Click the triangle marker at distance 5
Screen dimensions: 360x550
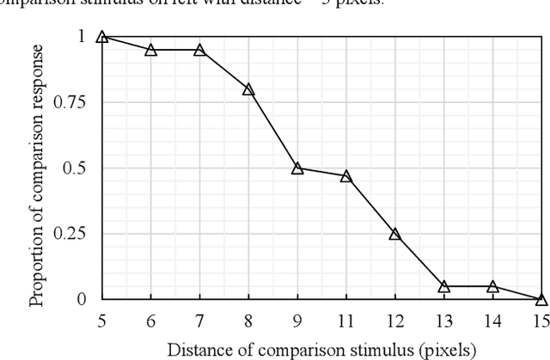coord(101,37)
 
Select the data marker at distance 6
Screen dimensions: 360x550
coord(150,50)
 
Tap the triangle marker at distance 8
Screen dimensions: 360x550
coord(248,89)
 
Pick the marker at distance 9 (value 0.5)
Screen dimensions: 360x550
coord(297,168)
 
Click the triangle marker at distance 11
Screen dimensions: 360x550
coord(346,176)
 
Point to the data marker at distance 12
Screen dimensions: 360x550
coord(394,234)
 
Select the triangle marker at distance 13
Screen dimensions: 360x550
coord(443,286)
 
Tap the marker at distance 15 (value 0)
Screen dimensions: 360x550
coord(541,299)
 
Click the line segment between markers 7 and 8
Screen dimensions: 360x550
coord(223,70)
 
